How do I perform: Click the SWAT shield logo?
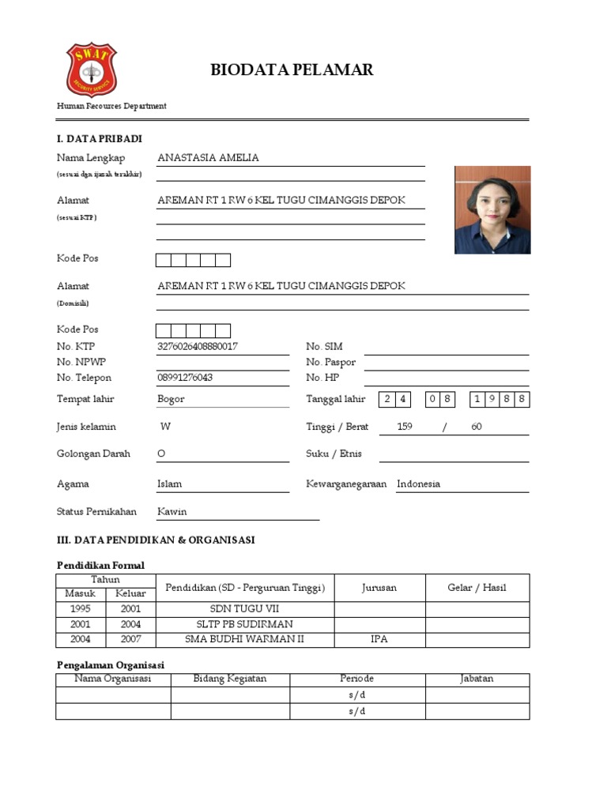coord(91,70)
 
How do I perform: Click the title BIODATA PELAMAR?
coord(292,70)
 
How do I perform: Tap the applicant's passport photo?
coord(492,209)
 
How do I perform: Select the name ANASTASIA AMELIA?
coord(208,158)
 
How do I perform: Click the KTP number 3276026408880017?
coord(198,347)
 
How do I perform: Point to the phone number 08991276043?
coord(185,378)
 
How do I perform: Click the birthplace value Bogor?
coord(171,399)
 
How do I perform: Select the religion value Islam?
coord(169,484)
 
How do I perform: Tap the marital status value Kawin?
coord(172,512)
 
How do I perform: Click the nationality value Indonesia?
coord(418,484)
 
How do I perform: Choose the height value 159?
coord(405,427)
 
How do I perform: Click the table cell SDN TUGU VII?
coord(244,609)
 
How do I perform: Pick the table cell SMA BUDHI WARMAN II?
coord(244,639)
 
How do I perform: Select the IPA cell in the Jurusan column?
coord(379,639)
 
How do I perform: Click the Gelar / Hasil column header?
coord(477,588)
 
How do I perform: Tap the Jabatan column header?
coord(477,679)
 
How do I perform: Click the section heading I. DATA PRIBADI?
coord(100,139)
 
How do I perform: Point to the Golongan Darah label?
coord(93,454)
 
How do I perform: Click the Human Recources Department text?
coord(111,106)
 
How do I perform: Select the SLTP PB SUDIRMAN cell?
coord(244,624)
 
